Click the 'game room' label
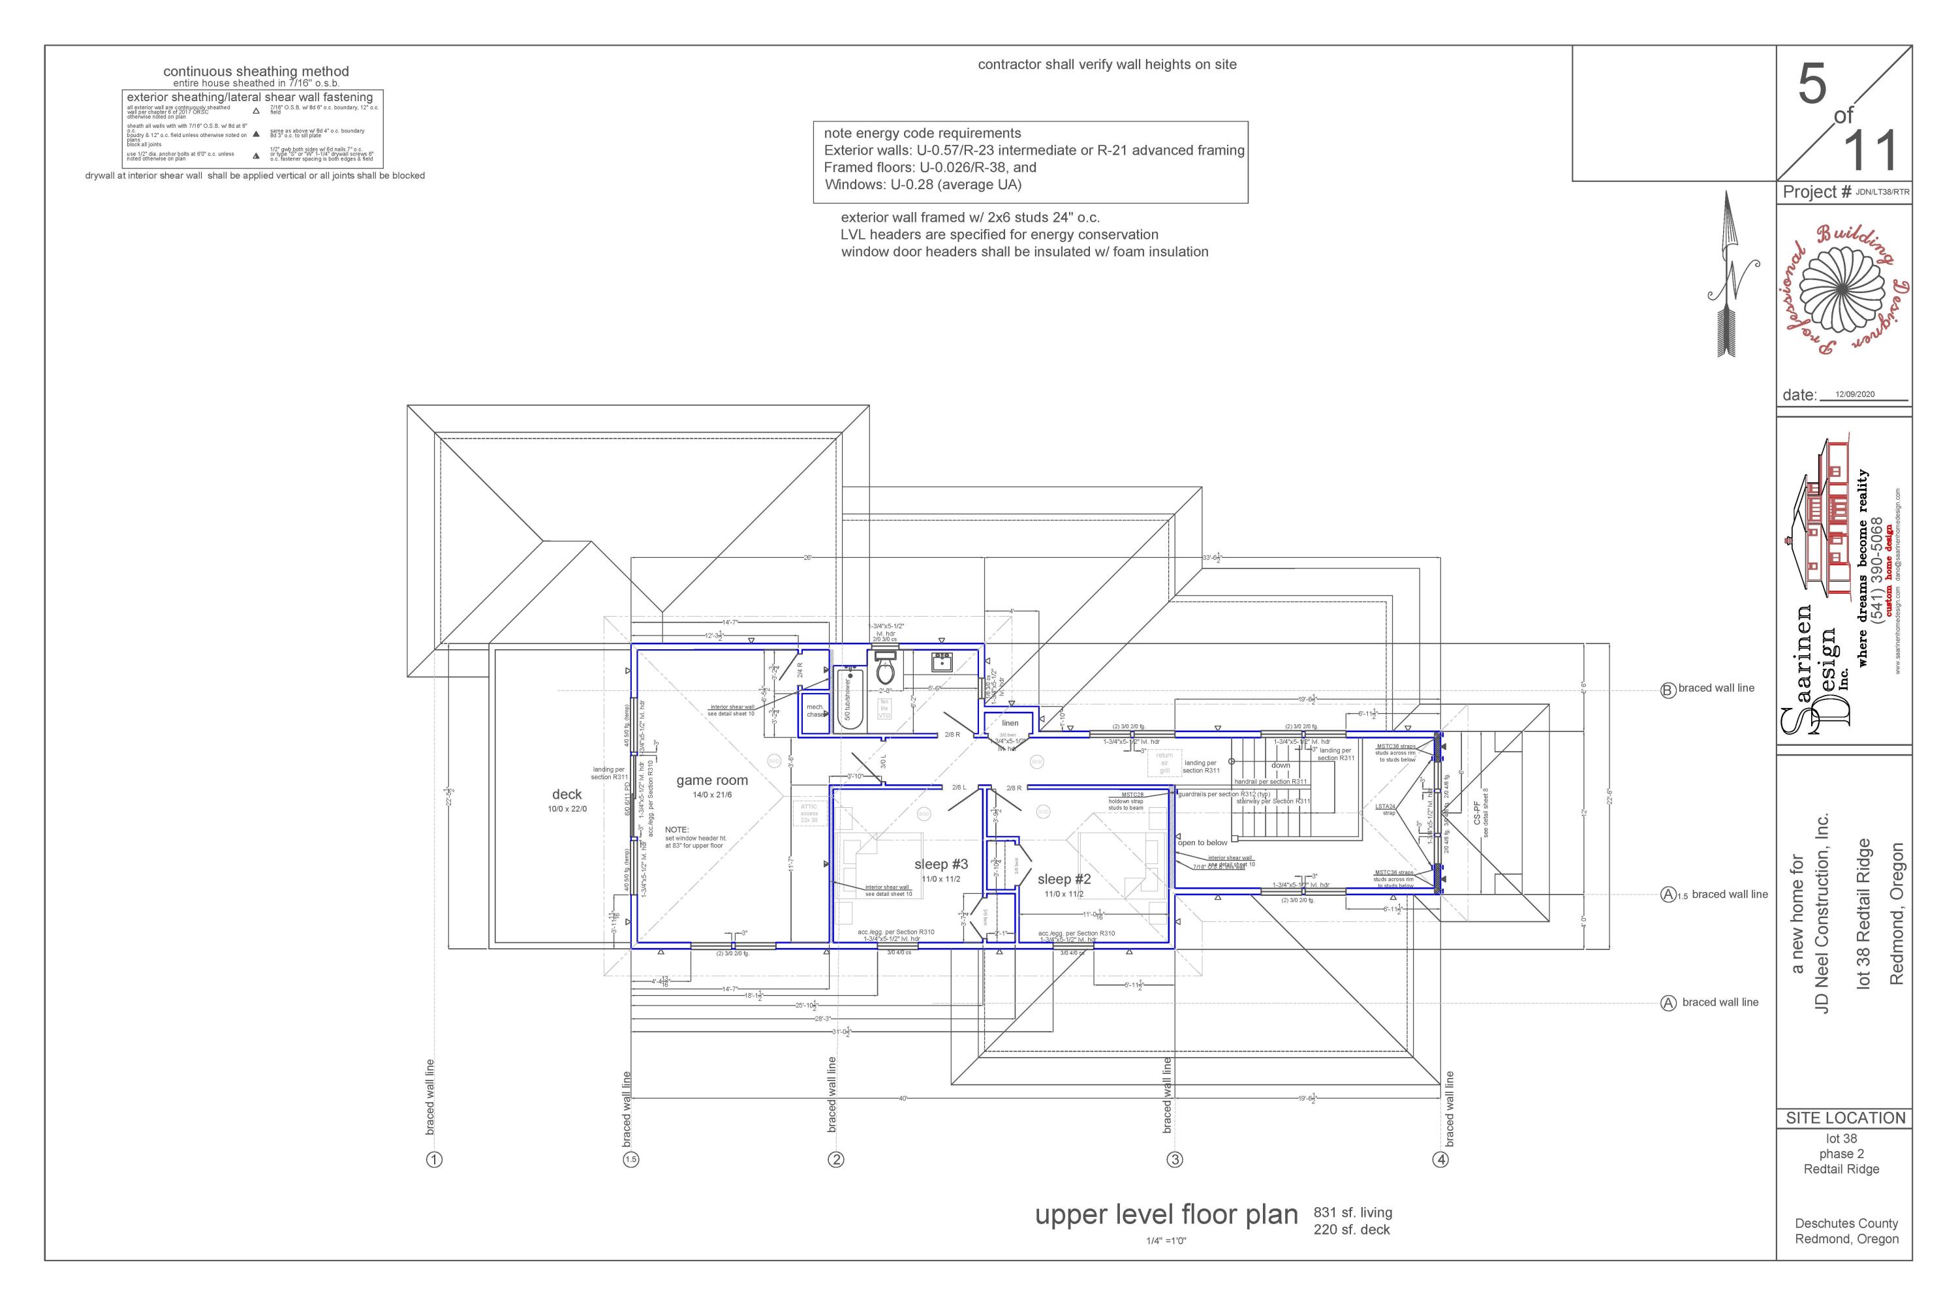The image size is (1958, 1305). coord(712,780)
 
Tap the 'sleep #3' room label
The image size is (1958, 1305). coord(940,864)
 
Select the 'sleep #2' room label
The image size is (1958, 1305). coord(1063,879)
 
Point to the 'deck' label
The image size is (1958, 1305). coord(567,795)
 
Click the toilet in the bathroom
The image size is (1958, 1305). coord(885,670)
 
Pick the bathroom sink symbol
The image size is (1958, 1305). coord(942,662)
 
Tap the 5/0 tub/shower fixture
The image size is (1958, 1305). coord(849,699)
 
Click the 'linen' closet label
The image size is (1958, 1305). coord(1010,722)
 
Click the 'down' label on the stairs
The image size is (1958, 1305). coord(1281,765)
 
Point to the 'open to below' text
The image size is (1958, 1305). coord(1202,843)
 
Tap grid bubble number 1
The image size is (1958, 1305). coord(434,1160)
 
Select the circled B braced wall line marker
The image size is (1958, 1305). coord(1668,689)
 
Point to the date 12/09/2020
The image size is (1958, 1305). coord(1855,395)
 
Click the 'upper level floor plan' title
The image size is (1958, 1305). coord(1166,1215)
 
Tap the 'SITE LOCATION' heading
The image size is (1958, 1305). coord(1845,1118)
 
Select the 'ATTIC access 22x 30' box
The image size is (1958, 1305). coord(809,813)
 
